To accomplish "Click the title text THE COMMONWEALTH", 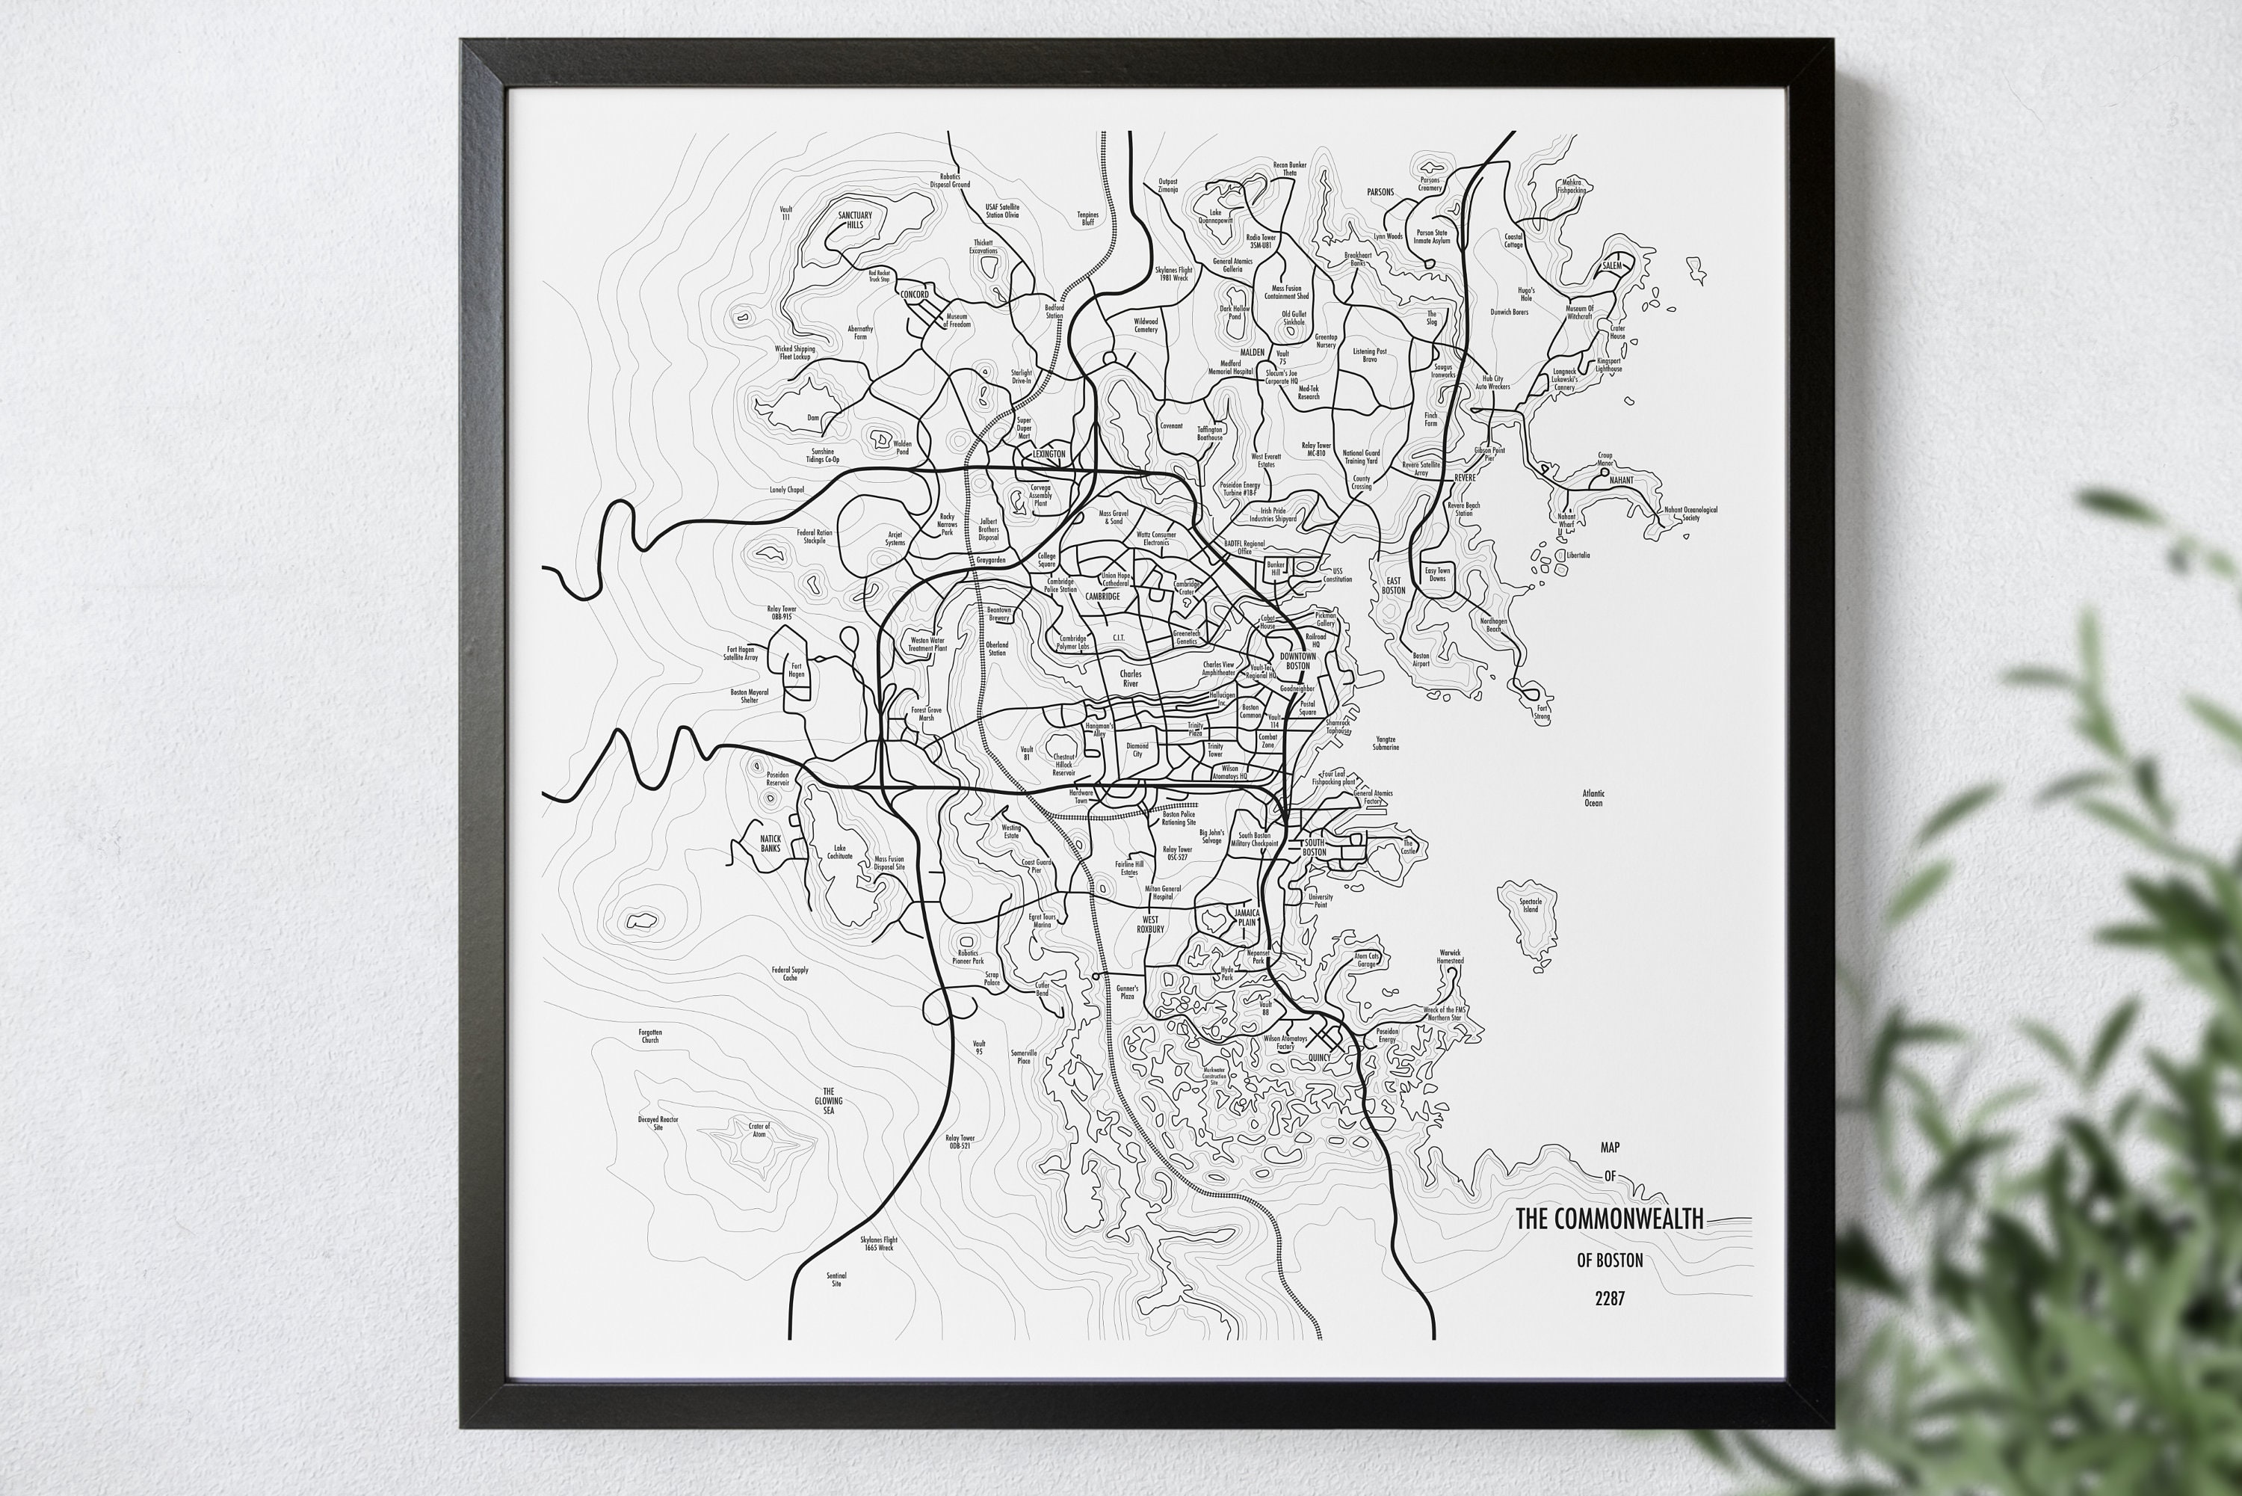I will pos(1609,1219).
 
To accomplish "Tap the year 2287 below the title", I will pos(1609,1299).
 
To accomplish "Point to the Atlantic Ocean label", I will pos(1593,798).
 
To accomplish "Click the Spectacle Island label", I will pos(1531,905).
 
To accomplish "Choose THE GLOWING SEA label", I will pos(828,1101).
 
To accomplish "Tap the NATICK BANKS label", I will pos(770,843).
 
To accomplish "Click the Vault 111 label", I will pos(785,213).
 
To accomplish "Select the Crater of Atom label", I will pos(759,1130).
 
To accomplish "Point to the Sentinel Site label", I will pos(836,1279).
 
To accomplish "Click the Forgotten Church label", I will pos(649,1035).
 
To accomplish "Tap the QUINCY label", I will pos(1319,1058).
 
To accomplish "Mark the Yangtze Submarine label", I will pos(1386,743).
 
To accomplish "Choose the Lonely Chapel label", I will pos(787,490).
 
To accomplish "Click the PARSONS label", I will pos(1380,192).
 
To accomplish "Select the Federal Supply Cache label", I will pos(790,973).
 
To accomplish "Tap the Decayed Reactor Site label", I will pos(658,1123).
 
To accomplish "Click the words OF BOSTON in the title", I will pos(1610,1260).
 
